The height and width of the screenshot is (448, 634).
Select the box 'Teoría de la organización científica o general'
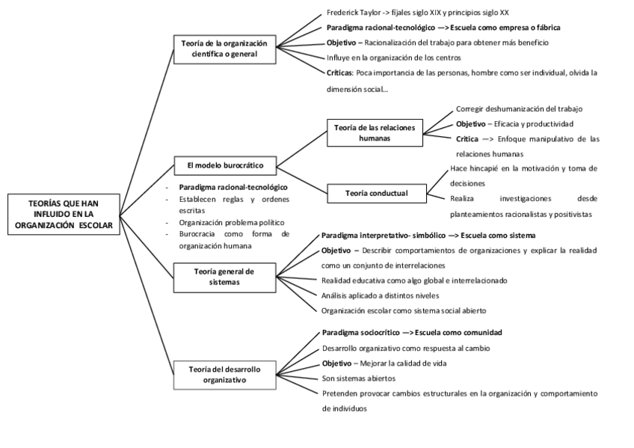[x=223, y=49]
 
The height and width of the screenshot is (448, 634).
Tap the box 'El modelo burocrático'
[x=224, y=164]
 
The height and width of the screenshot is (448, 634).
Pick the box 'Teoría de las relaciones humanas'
[x=375, y=132]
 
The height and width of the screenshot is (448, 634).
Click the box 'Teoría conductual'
[x=376, y=193]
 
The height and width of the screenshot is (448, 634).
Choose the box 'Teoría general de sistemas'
[x=224, y=277]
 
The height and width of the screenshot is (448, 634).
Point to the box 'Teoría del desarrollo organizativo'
[x=224, y=373]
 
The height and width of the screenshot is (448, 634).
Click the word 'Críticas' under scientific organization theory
[x=341, y=73]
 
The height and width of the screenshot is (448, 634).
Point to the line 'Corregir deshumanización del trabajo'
[x=519, y=109]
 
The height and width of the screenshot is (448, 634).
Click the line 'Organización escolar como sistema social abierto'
[x=404, y=310]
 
